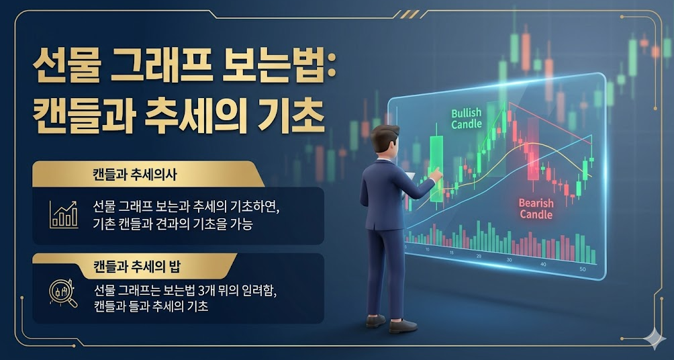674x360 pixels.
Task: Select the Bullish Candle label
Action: click(x=467, y=119)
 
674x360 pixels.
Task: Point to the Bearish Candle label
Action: click(x=536, y=208)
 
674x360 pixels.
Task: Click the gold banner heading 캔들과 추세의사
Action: click(x=135, y=175)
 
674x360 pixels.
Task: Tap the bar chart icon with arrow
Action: click(x=64, y=214)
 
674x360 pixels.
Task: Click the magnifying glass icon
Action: click(x=63, y=293)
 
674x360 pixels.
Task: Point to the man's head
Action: click(x=385, y=138)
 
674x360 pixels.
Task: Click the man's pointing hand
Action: click(x=436, y=175)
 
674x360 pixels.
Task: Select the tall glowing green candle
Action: click(x=436, y=168)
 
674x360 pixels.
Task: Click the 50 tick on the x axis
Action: click(x=583, y=269)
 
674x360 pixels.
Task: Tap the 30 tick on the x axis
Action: click(x=510, y=260)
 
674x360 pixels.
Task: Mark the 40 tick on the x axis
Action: click(x=544, y=264)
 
